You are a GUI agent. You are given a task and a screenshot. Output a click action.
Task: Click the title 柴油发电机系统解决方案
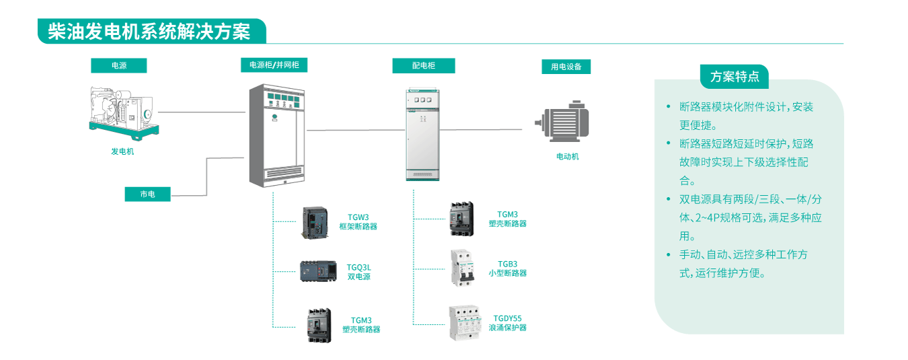coord(149,32)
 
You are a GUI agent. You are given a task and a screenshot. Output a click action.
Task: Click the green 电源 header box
coord(119,65)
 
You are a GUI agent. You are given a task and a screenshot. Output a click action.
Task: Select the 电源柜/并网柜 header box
coord(274,65)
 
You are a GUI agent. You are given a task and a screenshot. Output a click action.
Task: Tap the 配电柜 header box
coord(424,65)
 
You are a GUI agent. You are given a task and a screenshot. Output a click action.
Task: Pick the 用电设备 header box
coord(566,67)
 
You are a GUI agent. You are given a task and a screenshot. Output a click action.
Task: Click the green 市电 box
coord(148,194)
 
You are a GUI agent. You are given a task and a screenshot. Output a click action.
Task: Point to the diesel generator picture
coord(123,111)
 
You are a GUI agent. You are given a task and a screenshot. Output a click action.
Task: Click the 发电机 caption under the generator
coord(122,151)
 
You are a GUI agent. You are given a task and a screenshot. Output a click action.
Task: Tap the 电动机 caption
coord(567,157)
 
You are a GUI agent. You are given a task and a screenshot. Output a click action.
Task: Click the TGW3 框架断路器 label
coord(358,222)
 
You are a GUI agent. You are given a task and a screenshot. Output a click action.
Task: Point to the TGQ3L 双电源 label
coord(358,272)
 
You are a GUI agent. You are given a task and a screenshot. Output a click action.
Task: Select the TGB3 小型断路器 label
coord(508,268)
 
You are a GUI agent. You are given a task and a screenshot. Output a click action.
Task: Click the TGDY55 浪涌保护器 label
coord(508,323)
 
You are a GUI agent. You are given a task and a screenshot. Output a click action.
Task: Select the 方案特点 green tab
coord(734,77)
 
